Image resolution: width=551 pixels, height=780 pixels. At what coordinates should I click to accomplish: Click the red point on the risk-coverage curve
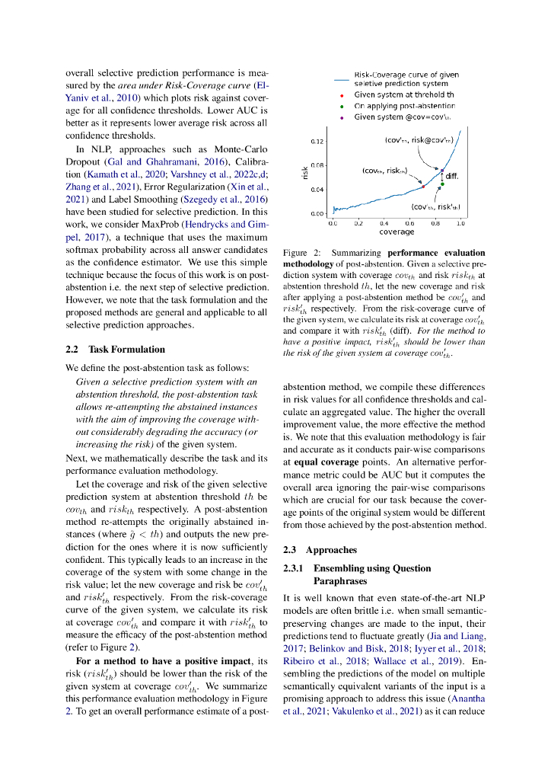pyautogui.click(x=423, y=186)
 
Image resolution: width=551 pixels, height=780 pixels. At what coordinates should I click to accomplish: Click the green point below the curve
pyautogui.click(x=441, y=184)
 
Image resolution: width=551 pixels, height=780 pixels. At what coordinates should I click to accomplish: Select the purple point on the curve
pyautogui.click(x=441, y=170)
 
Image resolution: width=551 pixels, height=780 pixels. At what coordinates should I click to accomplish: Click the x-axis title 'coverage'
pyautogui.click(x=397, y=232)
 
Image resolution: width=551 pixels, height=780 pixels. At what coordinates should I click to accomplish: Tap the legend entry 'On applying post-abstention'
pyautogui.click(x=403, y=107)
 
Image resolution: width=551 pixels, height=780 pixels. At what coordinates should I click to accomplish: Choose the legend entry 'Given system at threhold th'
pyautogui.click(x=404, y=95)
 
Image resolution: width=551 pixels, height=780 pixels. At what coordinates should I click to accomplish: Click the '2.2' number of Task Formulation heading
pyautogui.click(x=72, y=350)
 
